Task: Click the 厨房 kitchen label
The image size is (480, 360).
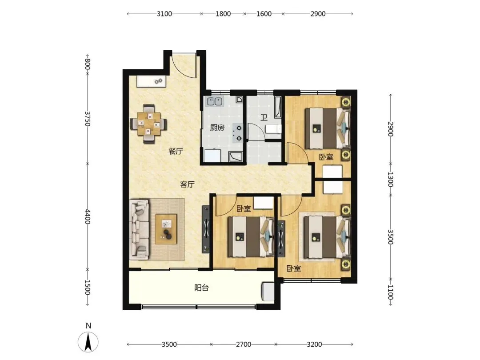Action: click(x=217, y=128)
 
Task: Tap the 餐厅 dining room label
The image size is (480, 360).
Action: click(x=176, y=151)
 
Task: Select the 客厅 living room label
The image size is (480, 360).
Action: click(x=187, y=184)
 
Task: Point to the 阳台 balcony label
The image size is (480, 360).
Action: click(x=201, y=288)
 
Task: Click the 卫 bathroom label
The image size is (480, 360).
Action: click(x=264, y=117)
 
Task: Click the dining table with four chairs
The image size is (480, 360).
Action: click(x=148, y=124)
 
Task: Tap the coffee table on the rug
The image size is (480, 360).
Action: click(x=166, y=229)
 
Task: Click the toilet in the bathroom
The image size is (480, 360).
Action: click(x=273, y=129)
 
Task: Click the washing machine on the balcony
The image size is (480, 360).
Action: click(x=268, y=292)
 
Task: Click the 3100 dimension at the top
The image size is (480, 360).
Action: click(x=164, y=14)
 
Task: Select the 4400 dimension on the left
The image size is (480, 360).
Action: click(x=88, y=216)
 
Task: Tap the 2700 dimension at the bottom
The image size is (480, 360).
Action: click(x=244, y=344)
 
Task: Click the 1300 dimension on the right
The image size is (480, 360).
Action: click(x=390, y=179)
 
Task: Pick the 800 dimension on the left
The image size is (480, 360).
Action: click(x=88, y=64)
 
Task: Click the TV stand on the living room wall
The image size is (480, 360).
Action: click(x=206, y=229)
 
